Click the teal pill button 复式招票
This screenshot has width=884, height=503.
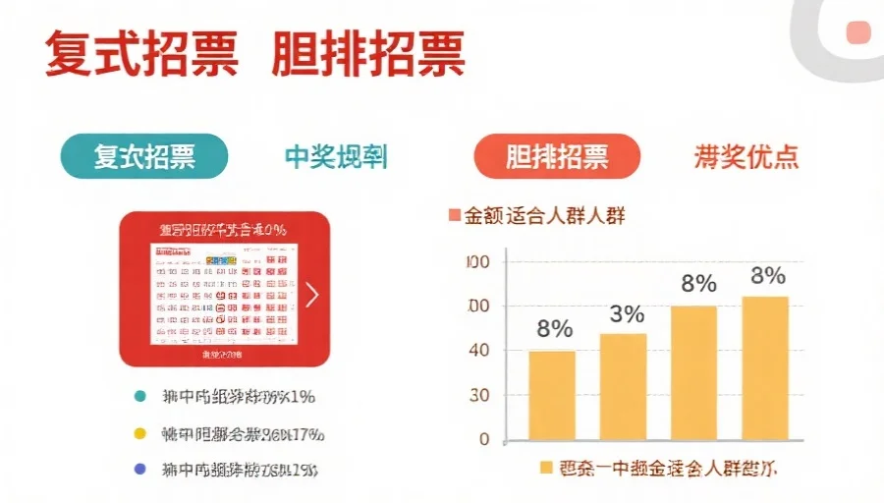(x=143, y=156)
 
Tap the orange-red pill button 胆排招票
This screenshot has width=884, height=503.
(x=557, y=156)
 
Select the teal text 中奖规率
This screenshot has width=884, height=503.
(x=336, y=157)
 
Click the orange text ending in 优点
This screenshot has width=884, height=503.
(x=746, y=157)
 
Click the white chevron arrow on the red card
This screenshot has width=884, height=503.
(x=311, y=294)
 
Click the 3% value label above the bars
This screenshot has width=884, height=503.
(x=626, y=314)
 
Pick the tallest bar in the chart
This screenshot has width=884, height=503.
(x=765, y=367)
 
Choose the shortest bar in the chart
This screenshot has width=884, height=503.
(x=552, y=395)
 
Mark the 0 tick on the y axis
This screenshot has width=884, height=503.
(x=483, y=439)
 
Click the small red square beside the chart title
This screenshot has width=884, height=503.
(x=454, y=214)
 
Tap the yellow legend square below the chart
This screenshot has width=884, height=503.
(x=546, y=469)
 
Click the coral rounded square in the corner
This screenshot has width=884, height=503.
(x=859, y=33)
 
